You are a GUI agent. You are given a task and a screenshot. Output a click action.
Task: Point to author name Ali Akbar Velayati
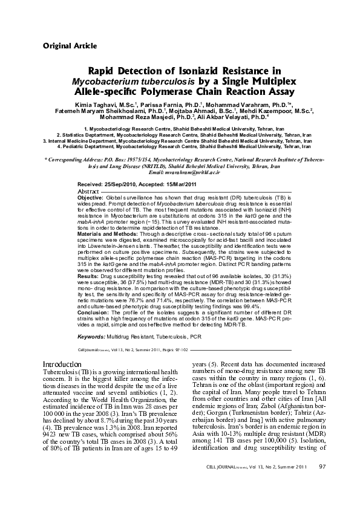[x=234, y=118]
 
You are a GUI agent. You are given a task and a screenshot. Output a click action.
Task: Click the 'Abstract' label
[x=90, y=191]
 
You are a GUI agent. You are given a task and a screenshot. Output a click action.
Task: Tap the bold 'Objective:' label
[x=91, y=198]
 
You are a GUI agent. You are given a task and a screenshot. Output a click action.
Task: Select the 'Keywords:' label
[x=94, y=336]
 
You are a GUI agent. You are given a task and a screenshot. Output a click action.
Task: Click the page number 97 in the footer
[x=322, y=483]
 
